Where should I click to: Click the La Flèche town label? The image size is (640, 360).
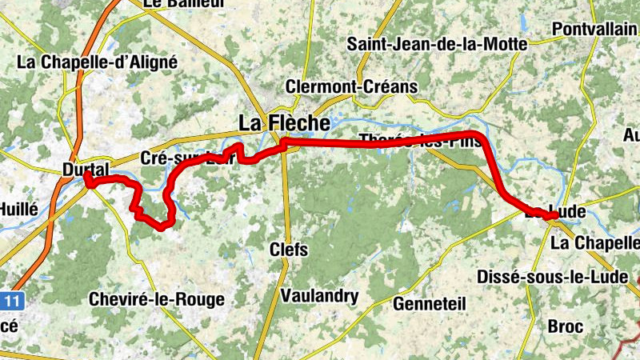tap(284, 123)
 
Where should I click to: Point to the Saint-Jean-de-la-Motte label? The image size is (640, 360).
tap(437, 44)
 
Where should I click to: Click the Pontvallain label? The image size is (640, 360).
tap(595, 29)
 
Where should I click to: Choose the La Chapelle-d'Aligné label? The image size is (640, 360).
tap(97, 61)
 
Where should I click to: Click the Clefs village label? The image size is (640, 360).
tap(289, 250)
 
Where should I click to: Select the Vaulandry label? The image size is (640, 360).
tap(319, 296)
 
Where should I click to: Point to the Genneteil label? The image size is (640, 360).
tap(430, 303)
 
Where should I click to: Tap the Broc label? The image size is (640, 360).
tap(566, 326)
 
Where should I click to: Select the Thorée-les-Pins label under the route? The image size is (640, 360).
tap(421, 141)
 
